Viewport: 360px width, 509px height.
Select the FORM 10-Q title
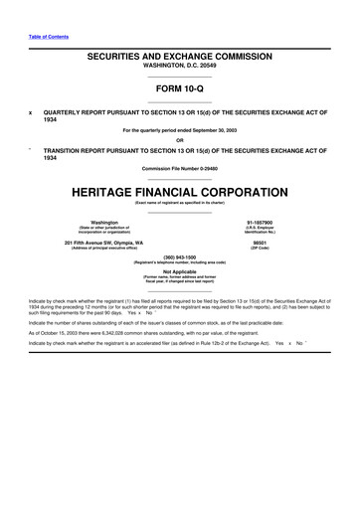[x=179, y=90]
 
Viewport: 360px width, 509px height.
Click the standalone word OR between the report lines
[x=179, y=140]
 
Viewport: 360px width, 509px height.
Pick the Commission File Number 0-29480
[x=179, y=169]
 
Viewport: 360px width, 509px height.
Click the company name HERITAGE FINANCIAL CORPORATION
[x=179, y=191]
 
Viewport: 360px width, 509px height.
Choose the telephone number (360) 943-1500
[x=179, y=254]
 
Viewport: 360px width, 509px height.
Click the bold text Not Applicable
[x=179, y=270]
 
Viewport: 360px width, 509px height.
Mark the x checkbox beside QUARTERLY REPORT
[x=33, y=113]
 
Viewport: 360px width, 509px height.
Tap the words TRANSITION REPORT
[x=89, y=151]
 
